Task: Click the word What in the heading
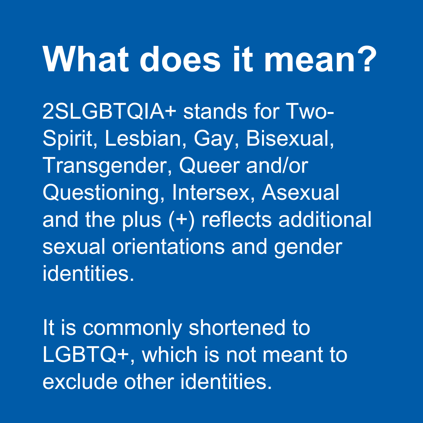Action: click(85, 60)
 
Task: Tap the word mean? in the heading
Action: click(320, 60)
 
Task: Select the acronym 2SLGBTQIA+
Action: click(109, 111)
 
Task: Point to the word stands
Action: click(215, 111)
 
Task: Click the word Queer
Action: click(209, 165)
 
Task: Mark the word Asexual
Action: click(300, 192)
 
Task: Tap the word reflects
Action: click(237, 219)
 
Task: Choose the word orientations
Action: click(168, 246)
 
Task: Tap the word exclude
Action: click(80, 381)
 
